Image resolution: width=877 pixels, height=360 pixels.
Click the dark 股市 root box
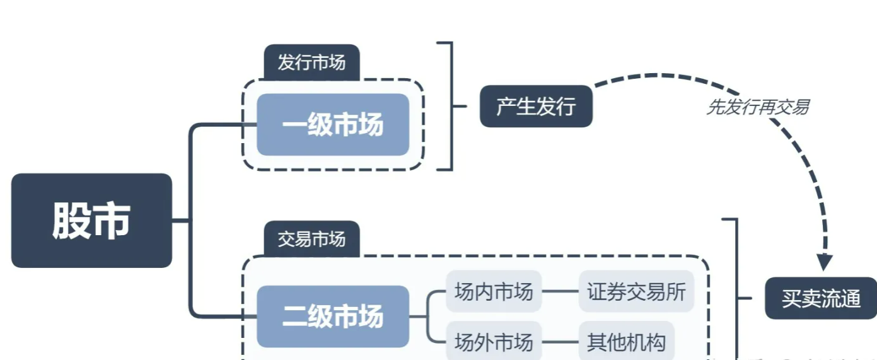pyautogui.click(x=91, y=221)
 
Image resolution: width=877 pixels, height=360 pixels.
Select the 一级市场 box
pyautogui.click(x=333, y=125)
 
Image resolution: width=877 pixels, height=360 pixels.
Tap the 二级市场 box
pyautogui.click(x=333, y=316)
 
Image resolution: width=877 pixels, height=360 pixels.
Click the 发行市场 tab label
pyautogui.click(x=311, y=63)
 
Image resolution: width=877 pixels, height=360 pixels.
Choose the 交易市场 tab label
pyautogui.click(x=311, y=239)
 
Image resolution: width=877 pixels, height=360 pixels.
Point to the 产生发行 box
pyautogui.click(x=536, y=106)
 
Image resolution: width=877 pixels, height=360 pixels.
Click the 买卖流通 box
pyautogui.click(x=821, y=298)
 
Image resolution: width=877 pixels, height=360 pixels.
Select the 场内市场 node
pyautogui.click(x=494, y=291)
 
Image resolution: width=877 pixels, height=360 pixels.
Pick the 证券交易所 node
pyautogui.click(x=636, y=291)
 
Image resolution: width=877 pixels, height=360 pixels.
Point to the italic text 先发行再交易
pyautogui.click(x=757, y=107)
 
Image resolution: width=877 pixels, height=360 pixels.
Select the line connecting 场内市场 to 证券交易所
pyautogui.click(x=560, y=291)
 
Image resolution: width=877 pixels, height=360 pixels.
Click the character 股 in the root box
pyautogui.click(x=71, y=221)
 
